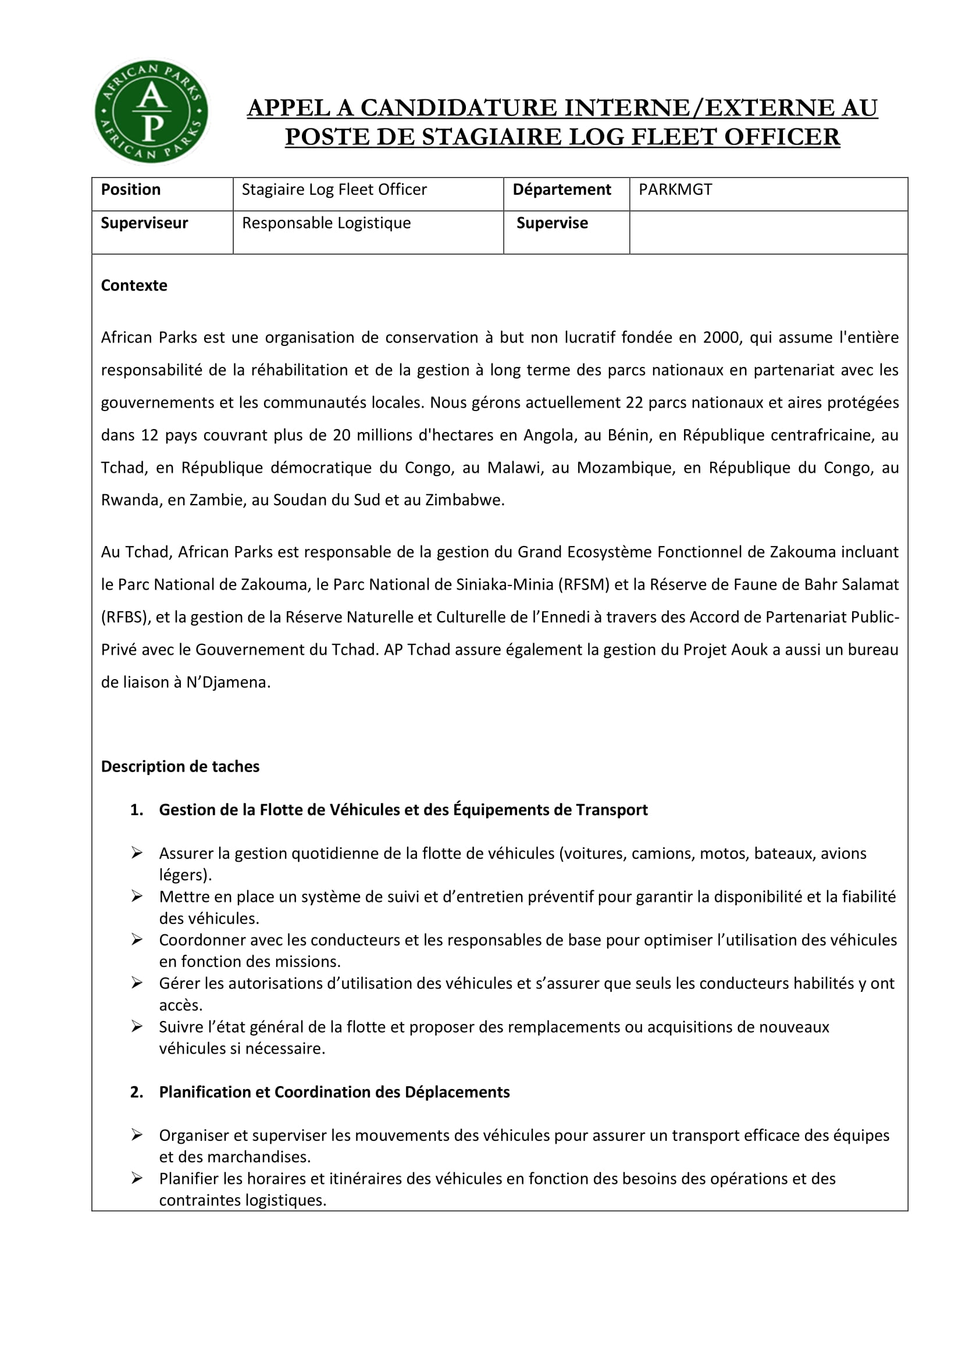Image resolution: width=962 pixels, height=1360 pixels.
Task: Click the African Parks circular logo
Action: click(x=152, y=112)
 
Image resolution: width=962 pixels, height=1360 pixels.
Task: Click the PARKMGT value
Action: click(x=675, y=190)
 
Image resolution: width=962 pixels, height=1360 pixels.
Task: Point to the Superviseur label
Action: click(x=145, y=223)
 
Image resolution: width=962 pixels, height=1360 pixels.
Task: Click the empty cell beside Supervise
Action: click(x=768, y=232)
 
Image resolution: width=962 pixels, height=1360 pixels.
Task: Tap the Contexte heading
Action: click(x=134, y=285)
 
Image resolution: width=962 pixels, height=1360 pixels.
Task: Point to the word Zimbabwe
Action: click(x=464, y=501)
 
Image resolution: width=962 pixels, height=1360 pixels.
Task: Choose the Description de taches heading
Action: click(x=180, y=767)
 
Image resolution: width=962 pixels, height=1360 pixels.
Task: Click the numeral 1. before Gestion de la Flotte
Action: click(x=137, y=811)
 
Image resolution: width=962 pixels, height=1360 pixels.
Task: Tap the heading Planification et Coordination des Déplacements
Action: click(x=334, y=1093)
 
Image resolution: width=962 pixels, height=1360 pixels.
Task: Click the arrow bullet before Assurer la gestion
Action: click(x=137, y=853)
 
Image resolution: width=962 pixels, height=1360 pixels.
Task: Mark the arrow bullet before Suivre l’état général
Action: click(x=137, y=1026)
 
